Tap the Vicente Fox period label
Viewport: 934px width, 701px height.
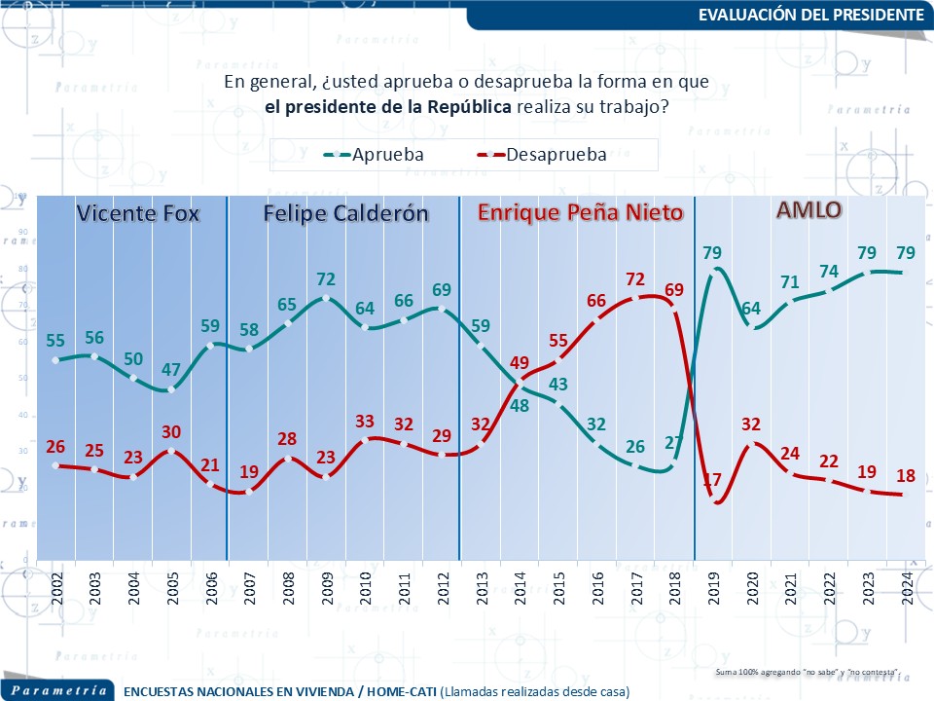tap(138, 213)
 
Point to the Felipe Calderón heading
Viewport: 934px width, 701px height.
tap(346, 213)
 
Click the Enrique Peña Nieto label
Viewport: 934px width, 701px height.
tap(580, 213)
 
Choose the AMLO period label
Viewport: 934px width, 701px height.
tap(808, 210)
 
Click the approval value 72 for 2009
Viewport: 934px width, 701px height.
tap(326, 279)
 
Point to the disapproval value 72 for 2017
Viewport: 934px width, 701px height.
tap(634, 279)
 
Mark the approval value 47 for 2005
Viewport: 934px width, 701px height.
tap(171, 370)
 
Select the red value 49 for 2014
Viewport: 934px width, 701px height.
tap(519, 363)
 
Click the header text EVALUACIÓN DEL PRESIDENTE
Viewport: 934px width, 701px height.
tap(810, 15)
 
